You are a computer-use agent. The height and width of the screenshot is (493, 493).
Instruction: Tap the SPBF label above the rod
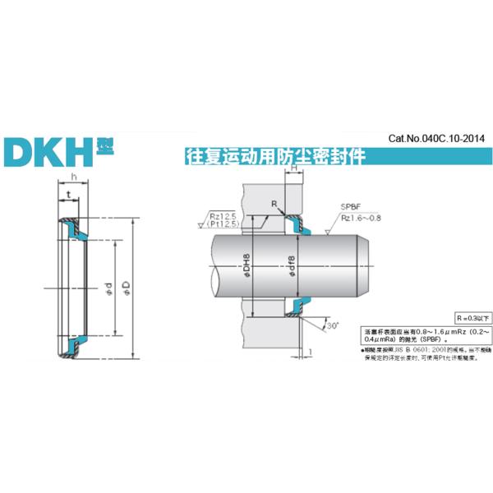pyautogui.click(x=350, y=208)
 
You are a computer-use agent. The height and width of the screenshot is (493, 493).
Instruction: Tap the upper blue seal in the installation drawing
pyautogui.click(x=296, y=225)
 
